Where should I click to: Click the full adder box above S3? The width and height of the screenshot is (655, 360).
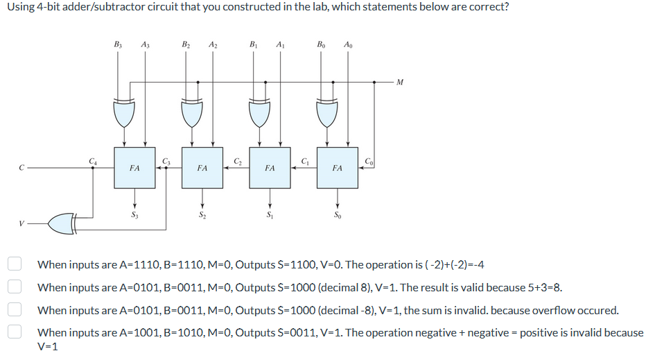tap(134, 168)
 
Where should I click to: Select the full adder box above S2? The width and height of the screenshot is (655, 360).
tap(202, 168)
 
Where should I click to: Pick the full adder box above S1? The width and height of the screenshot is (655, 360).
tap(270, 168)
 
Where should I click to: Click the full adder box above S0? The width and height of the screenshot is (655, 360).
tap(337, 168)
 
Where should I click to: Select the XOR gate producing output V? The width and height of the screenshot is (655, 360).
tap(65, 223)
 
